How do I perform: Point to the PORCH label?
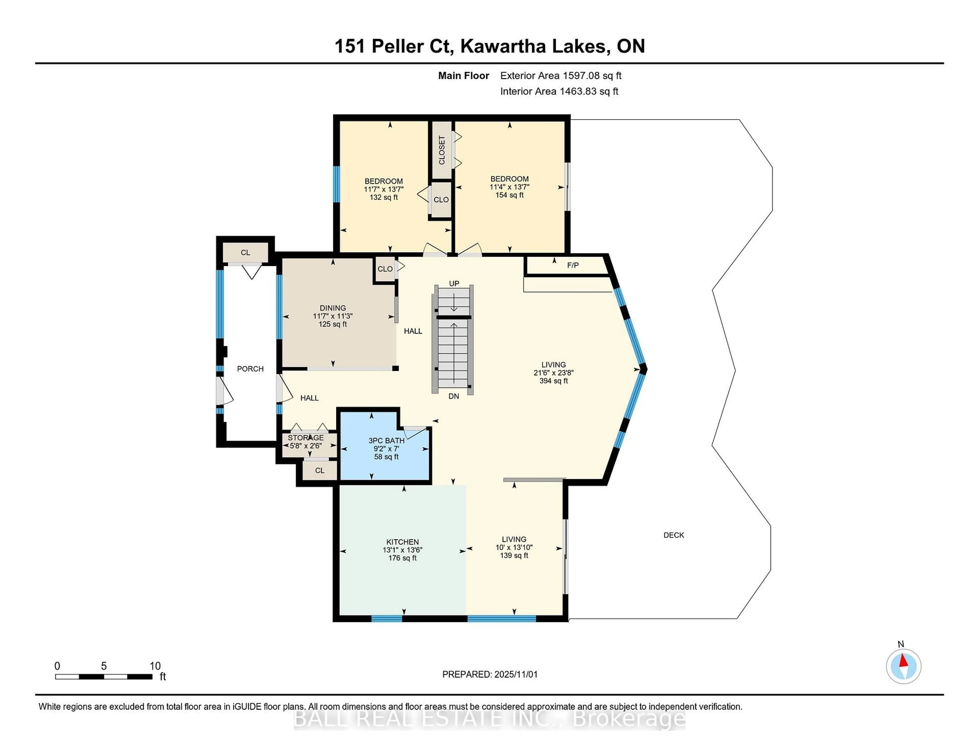250,369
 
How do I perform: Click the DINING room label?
333,308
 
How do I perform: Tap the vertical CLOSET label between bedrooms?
442,150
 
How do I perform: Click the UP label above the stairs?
454,283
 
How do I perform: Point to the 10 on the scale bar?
155,666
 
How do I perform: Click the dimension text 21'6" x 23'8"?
553,373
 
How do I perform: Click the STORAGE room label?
306,438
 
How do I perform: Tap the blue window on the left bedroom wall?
336,184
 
